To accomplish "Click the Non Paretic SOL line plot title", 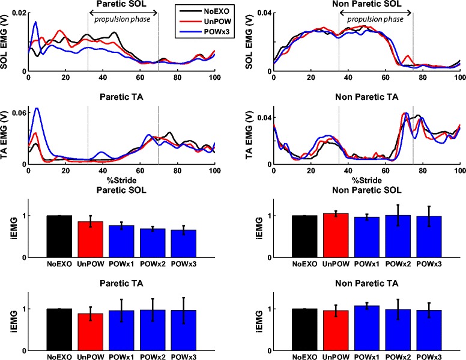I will (365, 4).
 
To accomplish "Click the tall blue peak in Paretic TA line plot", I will (37, 109).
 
